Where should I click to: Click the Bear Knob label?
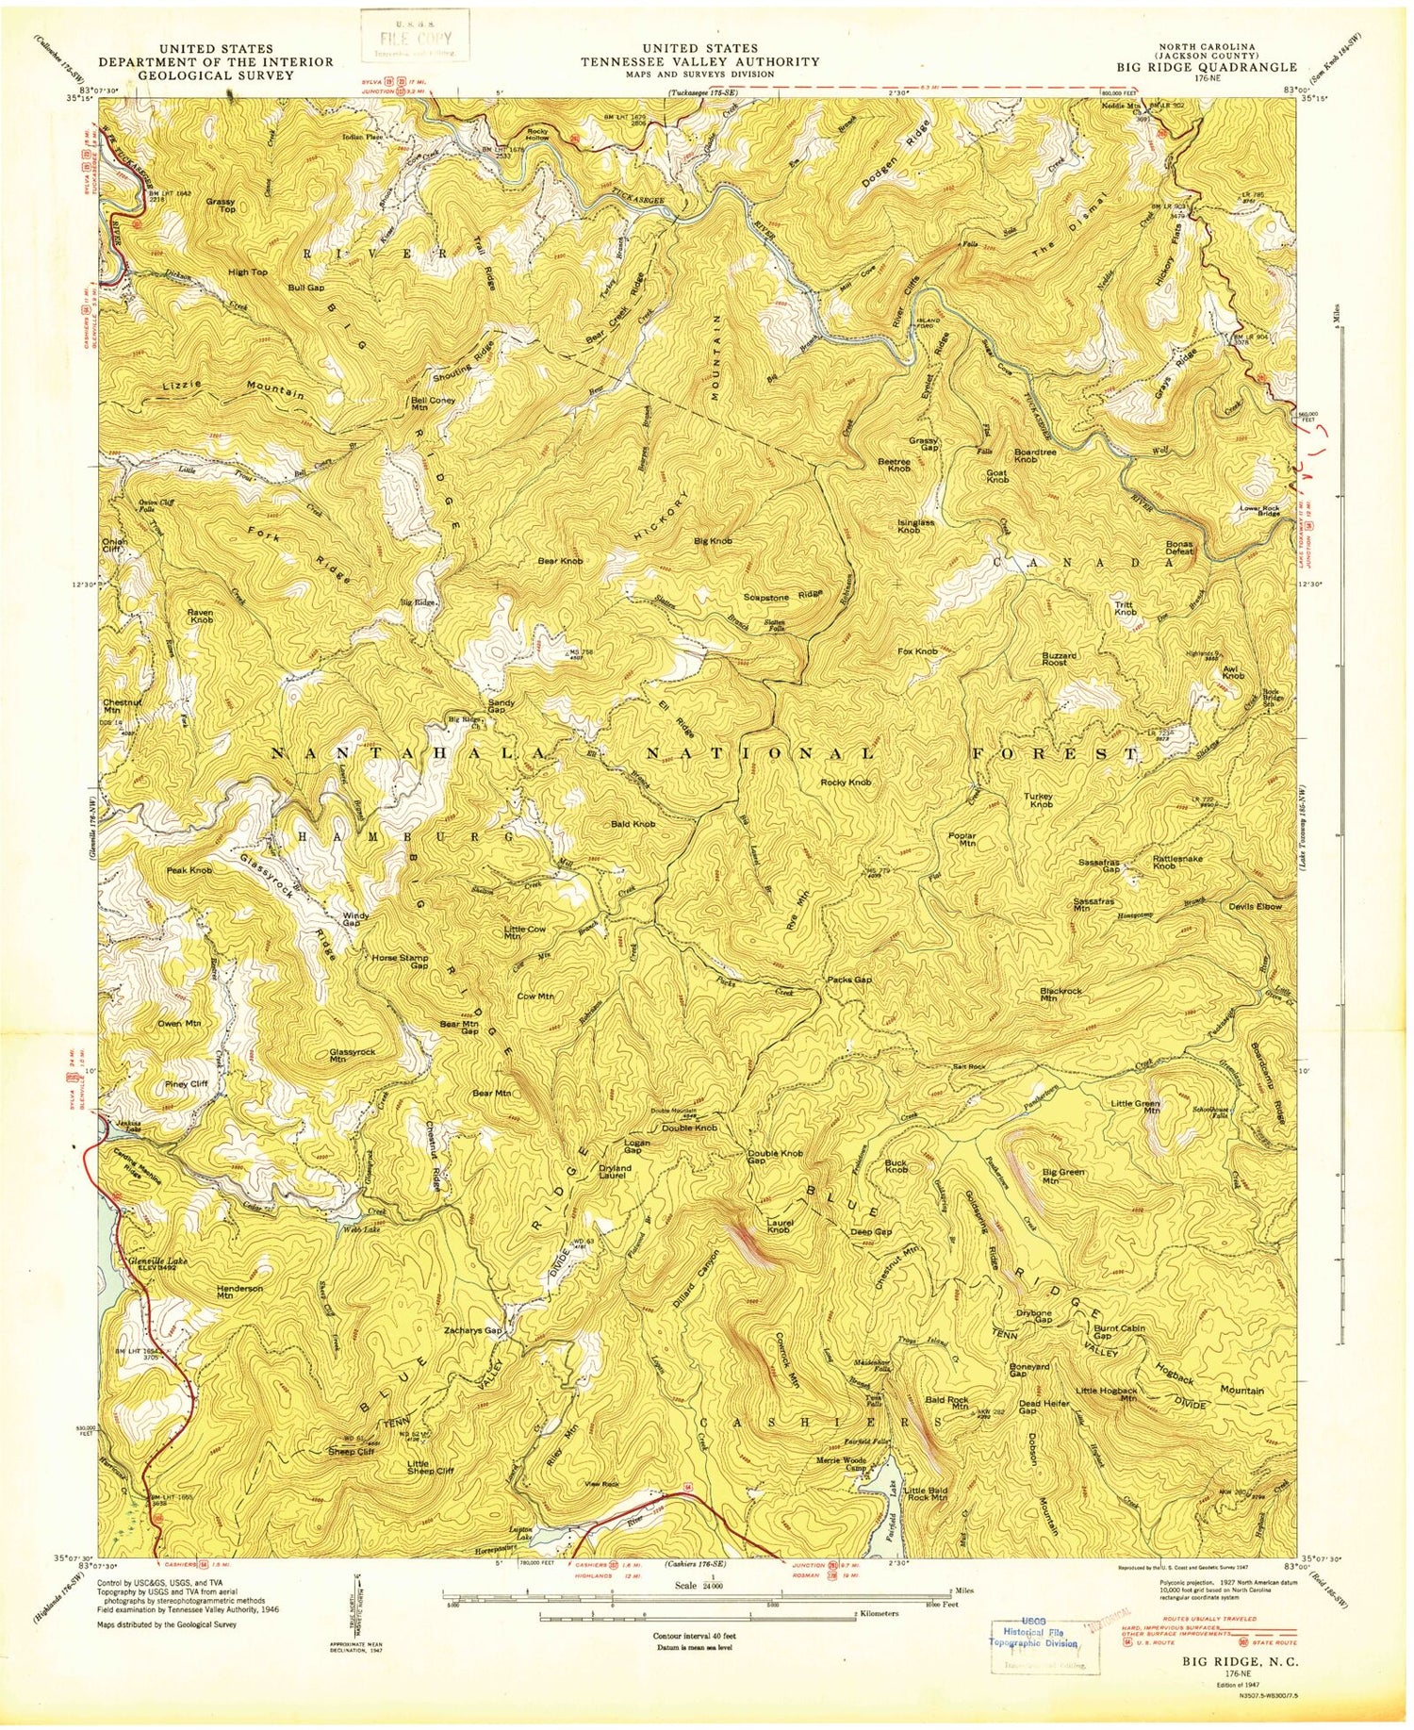coord(560,561)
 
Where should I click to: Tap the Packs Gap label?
coord(849,980)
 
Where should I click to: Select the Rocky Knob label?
coord(846,783)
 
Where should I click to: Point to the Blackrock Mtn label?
coord(1060,997)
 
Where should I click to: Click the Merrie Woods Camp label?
coord(842,1463)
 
